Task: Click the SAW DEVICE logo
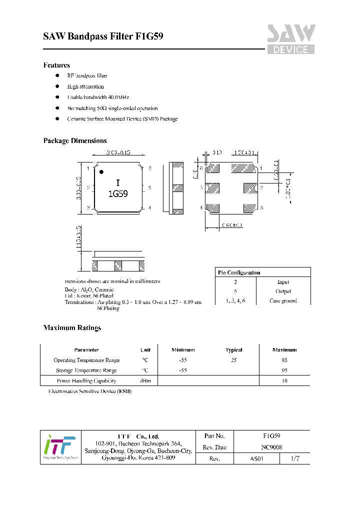tap(290, 39)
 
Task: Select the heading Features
tap(56, 65)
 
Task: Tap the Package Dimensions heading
tap(75, 141)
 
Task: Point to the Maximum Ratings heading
tap(72, 328)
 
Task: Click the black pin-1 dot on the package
tap(101, 172)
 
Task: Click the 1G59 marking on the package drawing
tap(118, 193)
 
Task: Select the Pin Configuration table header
tap(238, 272)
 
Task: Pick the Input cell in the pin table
tap(283, 282)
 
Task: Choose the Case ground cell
tap(283, 300)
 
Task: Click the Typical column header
tap(233, 350)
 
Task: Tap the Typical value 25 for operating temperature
tap(233, 360)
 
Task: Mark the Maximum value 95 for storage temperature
tap(284, 370)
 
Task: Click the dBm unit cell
tap(145, 381)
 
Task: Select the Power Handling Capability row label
tap(86, 381)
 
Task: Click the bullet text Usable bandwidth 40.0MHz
tap(98, 97)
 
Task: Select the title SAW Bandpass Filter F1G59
tap(103, 36)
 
